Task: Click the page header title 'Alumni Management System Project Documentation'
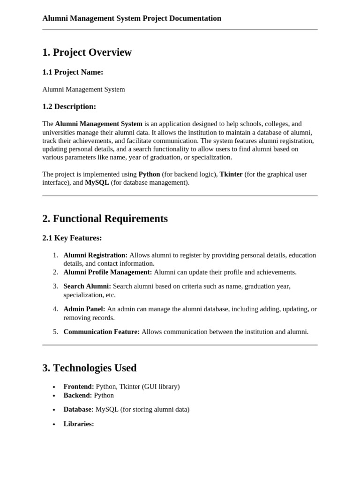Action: click(132, 18)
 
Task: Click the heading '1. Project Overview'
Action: click(87, 52)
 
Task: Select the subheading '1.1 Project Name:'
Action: click(73, 72)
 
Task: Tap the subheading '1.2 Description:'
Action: click(69, 106)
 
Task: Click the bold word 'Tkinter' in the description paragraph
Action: click(231, 174)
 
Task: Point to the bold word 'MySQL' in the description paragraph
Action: click(97, 183)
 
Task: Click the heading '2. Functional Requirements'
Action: click(105, 219)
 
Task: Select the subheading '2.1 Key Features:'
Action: click(72, 238)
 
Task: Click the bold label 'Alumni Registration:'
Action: click(95, 255)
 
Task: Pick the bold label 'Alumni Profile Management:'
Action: click(107, 272)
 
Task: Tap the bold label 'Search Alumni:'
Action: click(87, 286)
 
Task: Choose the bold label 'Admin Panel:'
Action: click(84, 309)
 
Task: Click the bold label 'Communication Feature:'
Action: click(101, 332)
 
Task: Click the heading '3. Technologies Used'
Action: click(89, 368)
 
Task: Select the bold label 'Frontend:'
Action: click(78, 387)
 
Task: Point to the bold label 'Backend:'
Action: click(77, 396)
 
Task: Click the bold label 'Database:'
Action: click(78, 410)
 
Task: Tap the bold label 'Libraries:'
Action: click(78, 424)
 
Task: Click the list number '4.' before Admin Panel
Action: click(55, 309)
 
